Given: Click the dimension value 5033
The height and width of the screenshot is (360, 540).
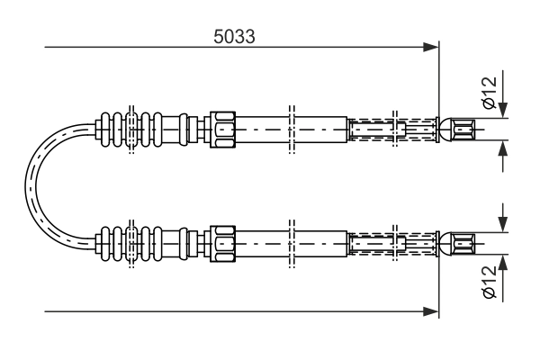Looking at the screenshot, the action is click(x=234, y=37).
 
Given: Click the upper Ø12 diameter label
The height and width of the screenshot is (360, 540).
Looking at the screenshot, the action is click(x=490, y=92).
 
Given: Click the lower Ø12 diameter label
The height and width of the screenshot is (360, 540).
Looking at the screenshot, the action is click(x=490, y=282).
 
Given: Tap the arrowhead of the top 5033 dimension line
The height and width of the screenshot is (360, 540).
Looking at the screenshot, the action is click(x=431, y=47).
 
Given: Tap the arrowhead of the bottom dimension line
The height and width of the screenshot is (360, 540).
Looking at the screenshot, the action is click(x=431, y=311).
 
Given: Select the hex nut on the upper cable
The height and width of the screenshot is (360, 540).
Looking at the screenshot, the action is click(x=223, y=130).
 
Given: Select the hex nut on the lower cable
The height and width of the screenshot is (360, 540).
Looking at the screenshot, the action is click(x=223, y=244).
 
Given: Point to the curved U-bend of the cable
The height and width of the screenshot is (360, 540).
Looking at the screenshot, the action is click(x=31, y=186).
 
